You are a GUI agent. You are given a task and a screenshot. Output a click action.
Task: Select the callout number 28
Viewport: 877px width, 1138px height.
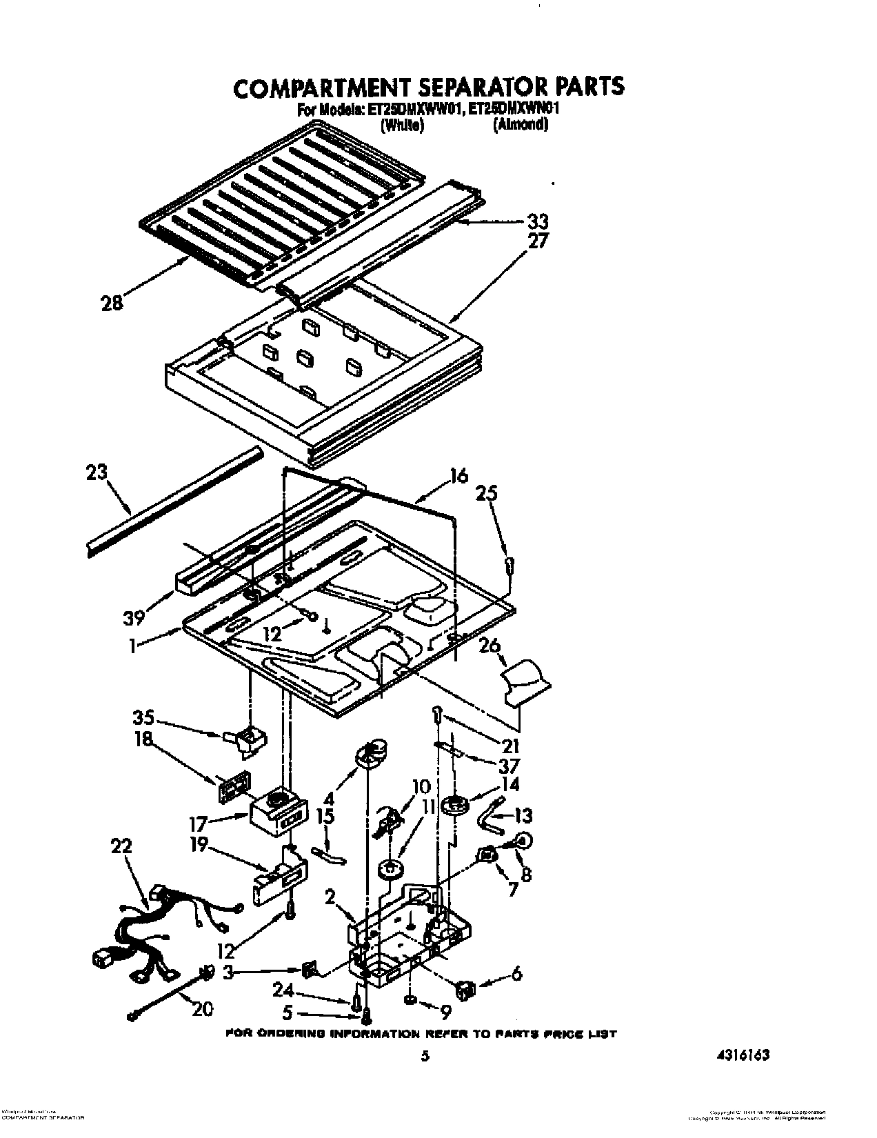112,302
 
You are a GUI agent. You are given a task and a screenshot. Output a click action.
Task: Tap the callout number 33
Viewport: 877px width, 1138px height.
538,221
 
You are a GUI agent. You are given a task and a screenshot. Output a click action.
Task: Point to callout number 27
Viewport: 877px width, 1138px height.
538,241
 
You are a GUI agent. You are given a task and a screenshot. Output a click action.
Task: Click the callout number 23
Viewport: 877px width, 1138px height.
97,474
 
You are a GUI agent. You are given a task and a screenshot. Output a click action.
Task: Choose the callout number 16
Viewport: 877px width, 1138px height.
458,475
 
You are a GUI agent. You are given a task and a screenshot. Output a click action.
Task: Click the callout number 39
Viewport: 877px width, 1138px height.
135,617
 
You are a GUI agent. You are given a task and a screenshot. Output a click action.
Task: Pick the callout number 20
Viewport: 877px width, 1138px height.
202,1009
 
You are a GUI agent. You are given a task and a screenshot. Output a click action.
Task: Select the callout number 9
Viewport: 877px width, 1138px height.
445,1011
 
